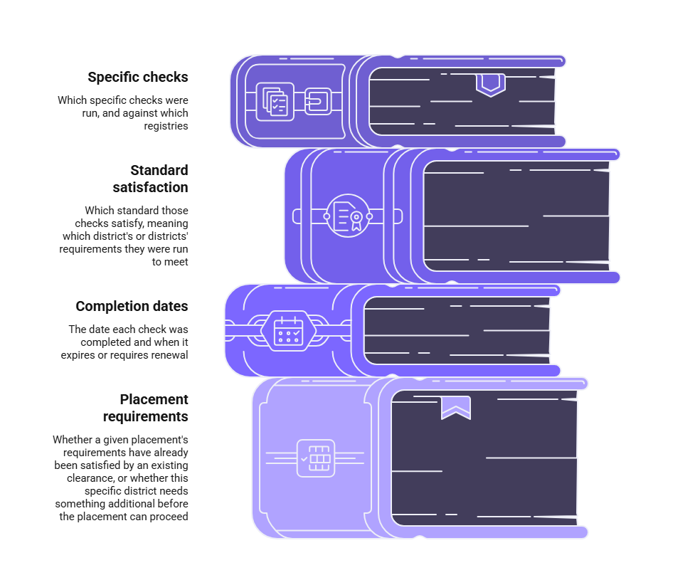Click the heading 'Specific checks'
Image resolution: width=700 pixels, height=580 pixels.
click(137, 78)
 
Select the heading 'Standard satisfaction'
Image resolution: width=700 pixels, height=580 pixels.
click(150, 179)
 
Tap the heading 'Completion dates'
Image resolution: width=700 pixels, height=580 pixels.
click(132, 306)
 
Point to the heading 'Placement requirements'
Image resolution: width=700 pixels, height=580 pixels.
click(146, 408)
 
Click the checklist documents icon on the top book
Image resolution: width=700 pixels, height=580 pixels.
click(275, 102)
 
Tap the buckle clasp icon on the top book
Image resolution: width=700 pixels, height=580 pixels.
click(318, 101)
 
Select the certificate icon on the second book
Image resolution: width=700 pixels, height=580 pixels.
click(348, 216)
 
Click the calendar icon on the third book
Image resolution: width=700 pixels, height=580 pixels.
click(288, 331)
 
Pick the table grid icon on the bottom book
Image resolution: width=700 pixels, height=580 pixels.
click(316, 458)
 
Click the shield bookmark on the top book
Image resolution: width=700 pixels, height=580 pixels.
click(491, 85)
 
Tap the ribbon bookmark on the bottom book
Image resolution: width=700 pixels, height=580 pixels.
click(456, 408)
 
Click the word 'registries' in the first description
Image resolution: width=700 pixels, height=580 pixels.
click(166, 126)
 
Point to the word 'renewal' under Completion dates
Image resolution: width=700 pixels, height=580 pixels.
click(169, 355)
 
